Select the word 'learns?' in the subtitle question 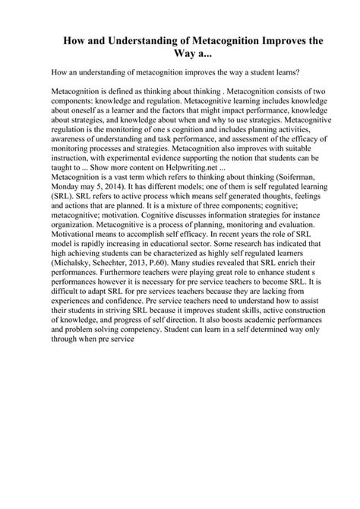[283, 74]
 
